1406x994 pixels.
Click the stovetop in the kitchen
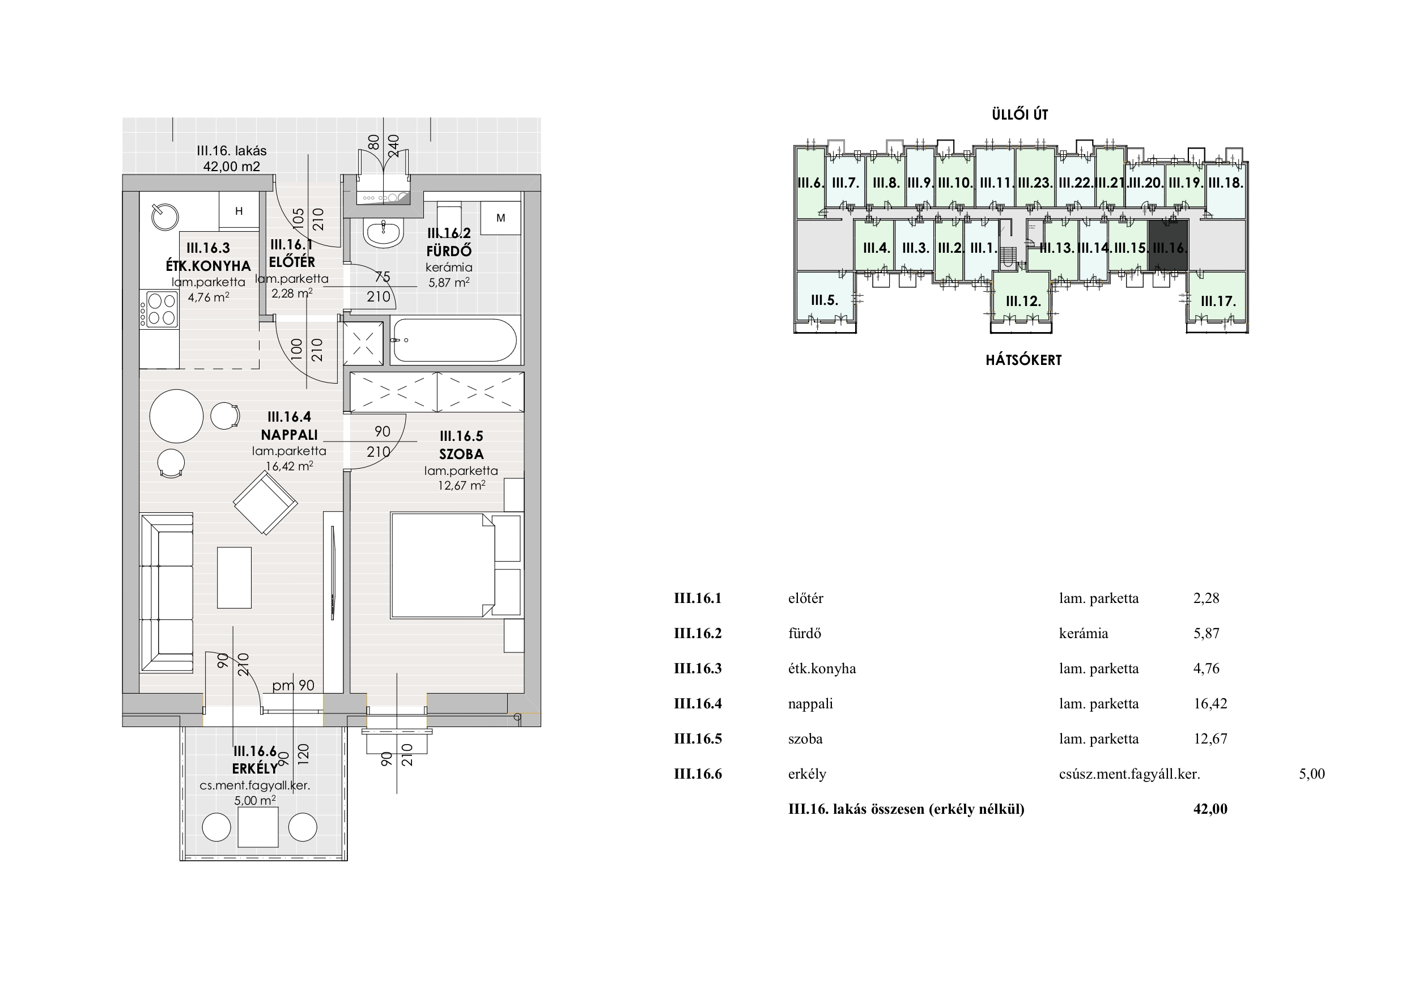click(x=159, y=309)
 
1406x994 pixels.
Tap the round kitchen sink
click(x=164, y=216)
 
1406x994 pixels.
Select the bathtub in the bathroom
click(x=454, y=341)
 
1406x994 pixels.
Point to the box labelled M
click(x=501, y=218)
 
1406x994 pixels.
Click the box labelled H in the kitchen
click(x=239, y=211)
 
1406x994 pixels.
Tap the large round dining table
click(x=176, y=417)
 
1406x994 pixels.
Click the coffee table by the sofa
click(x=235, y=577)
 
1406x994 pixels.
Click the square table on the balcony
click(x=258, y=827)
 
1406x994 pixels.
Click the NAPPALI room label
click(x=289, y=435)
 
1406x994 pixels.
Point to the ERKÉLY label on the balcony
click(x=255, y=769)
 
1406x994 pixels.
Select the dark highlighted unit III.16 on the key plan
click(x=1168, y=245)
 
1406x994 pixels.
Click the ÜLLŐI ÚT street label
click(x=1020, y=114)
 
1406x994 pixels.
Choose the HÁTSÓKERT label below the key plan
click(x=1023, y=360)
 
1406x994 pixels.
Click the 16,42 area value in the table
click(x=1210, y=704)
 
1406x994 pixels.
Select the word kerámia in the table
click(x=1084, y=633)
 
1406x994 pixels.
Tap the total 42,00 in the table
click(x=1210, y=809)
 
